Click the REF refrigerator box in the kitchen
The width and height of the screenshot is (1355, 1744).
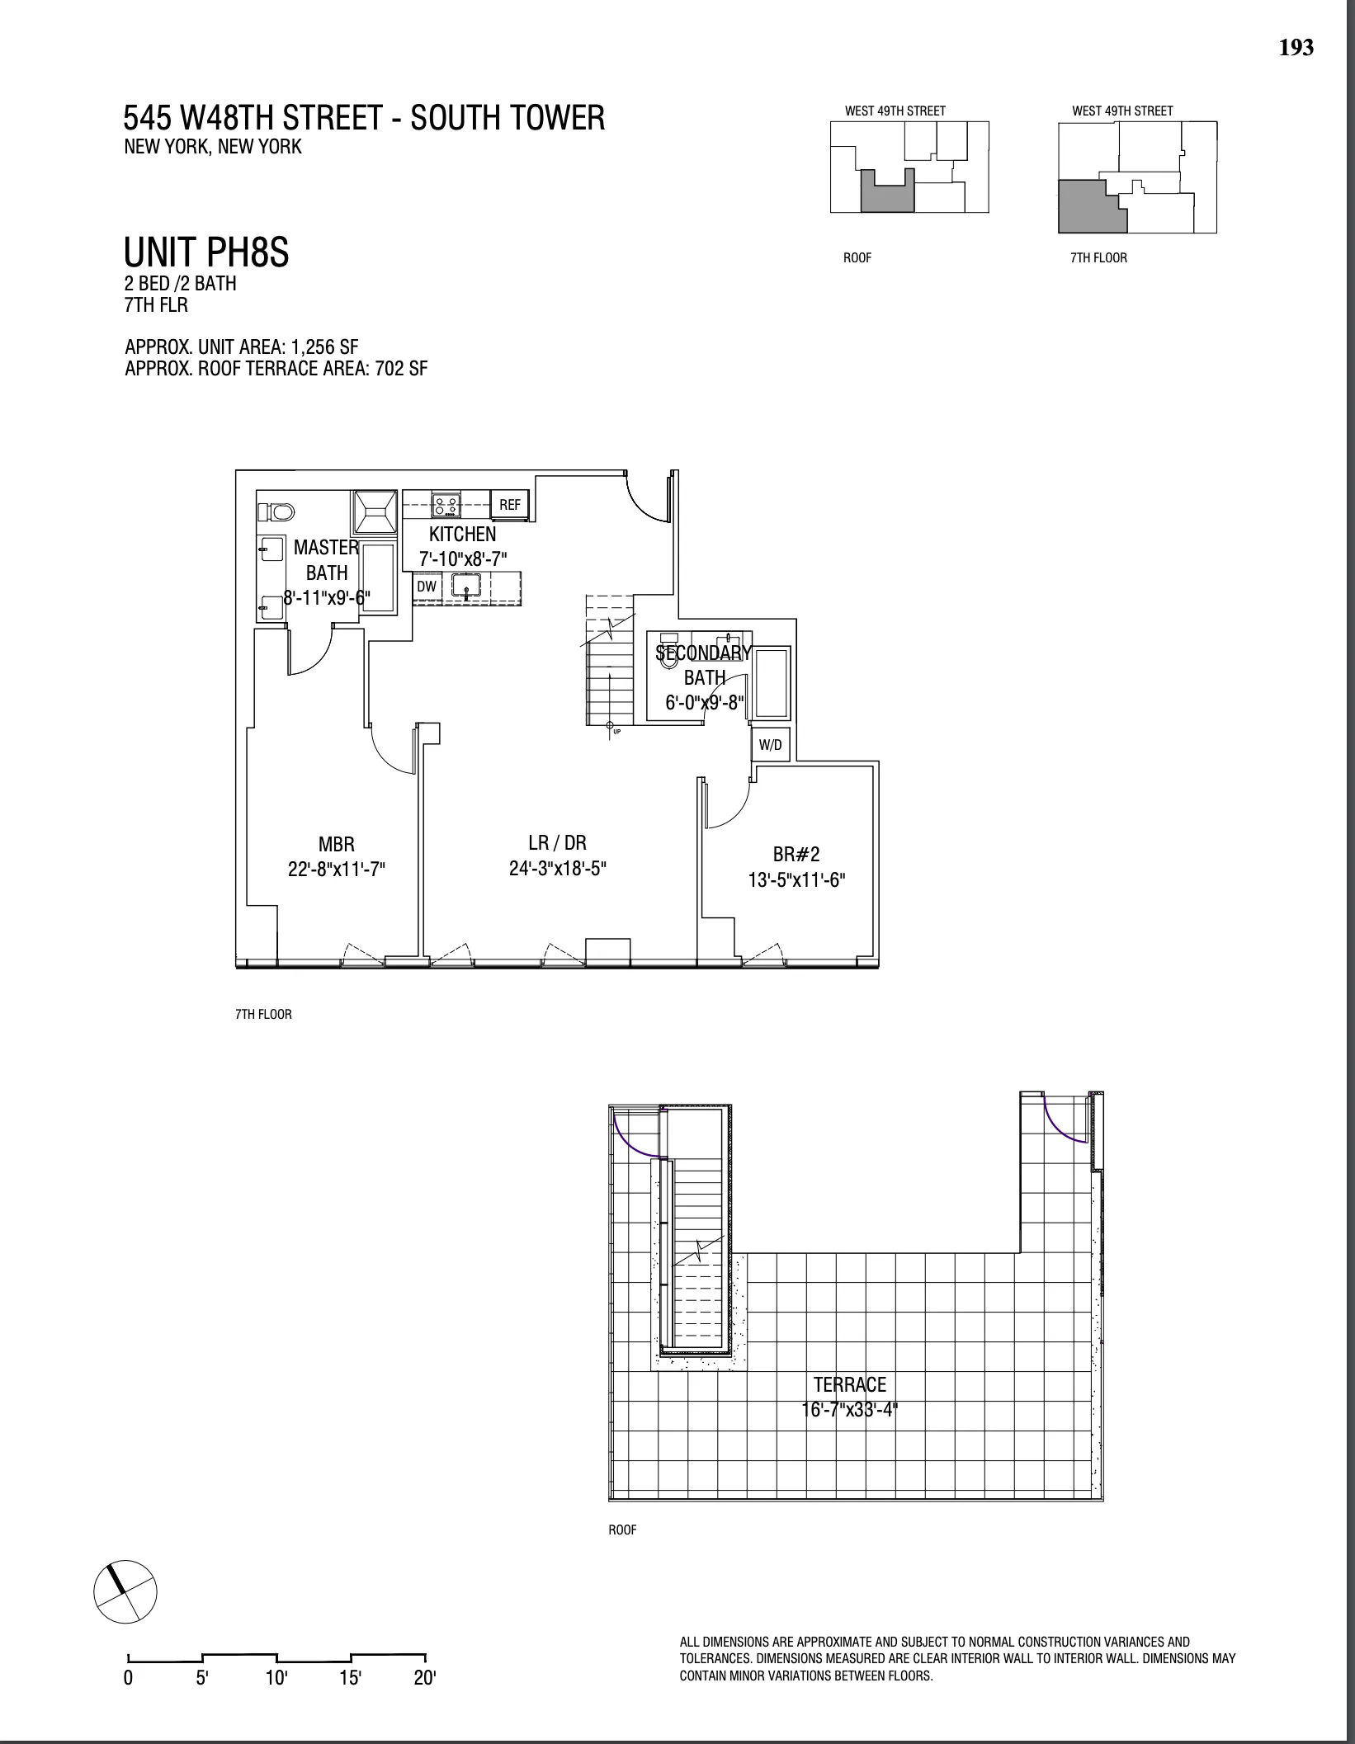(509, 504)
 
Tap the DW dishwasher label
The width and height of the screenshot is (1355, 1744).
(426, 587)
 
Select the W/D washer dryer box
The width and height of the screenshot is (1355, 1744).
(770, 745)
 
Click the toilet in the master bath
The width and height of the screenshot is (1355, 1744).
(276, 512)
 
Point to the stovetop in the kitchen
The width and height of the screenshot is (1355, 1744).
(446, 504)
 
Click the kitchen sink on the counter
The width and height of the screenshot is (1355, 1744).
(466, 587)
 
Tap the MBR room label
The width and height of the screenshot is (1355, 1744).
(337, 844)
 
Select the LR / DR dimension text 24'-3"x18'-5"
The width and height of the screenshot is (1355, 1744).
(558, 869)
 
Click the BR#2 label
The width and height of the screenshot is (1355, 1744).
(796, 855)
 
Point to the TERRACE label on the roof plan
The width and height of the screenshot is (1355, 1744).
(849, 1384)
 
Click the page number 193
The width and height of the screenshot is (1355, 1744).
(1296, 48)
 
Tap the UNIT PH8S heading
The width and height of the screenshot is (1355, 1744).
(206, 252)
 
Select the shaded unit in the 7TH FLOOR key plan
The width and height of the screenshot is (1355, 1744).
(1089, 206)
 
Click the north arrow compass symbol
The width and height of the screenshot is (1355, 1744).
(125, 1590)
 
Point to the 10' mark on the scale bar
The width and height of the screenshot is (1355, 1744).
(276, 1677)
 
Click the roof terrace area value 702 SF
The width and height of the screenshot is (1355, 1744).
(401, 369)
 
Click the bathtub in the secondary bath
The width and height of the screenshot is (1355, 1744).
(772, 682)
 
